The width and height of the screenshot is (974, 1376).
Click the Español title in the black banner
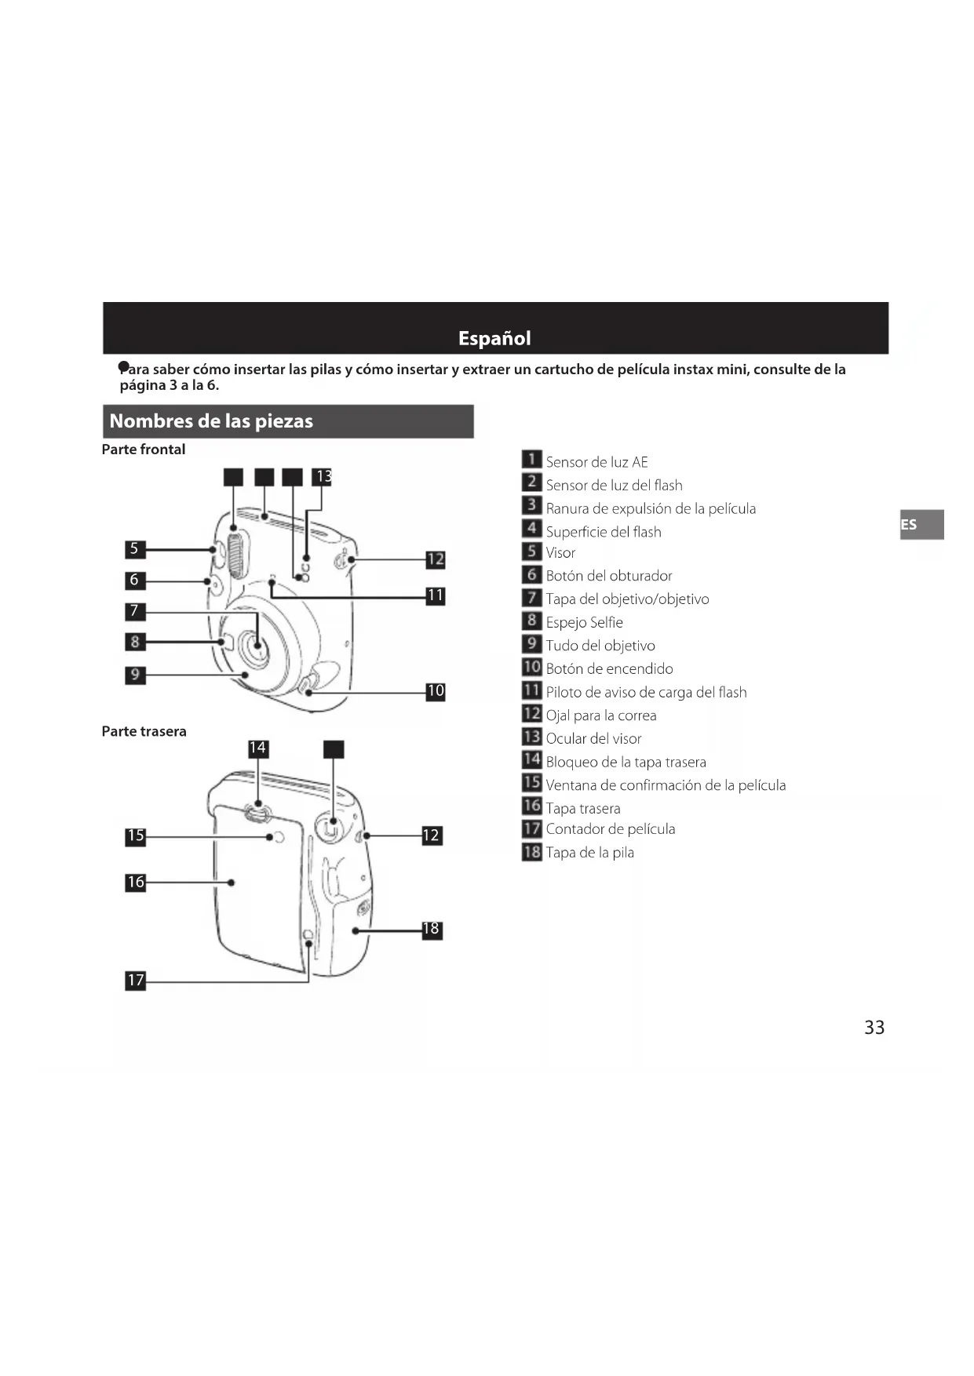(494, 338)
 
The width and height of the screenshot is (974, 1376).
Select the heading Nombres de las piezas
(211, 421)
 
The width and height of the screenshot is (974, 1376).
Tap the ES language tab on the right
(910, 524)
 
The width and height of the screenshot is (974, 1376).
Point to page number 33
(874, 1027)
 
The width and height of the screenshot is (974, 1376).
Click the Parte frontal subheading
(144, 450)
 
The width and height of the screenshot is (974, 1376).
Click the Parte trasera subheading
(144, 731)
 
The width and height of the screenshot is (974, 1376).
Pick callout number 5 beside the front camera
(135, 548)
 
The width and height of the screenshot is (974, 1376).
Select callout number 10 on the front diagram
(435, 691)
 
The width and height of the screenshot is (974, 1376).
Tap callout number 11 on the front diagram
(435, 595)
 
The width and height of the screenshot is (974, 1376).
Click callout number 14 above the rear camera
(257, 748)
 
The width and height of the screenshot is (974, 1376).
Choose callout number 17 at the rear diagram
(136, 980)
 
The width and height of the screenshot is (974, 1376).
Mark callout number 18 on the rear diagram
(432, 930)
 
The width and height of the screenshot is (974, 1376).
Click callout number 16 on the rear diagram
(136, 882)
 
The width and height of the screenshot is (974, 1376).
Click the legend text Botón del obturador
(609, 576)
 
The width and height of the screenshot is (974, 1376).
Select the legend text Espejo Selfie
(585, 622)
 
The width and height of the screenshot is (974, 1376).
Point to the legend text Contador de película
(611, 829)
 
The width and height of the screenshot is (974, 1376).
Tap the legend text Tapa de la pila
(590, 853)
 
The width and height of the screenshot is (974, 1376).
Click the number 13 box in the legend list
(532, 737)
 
